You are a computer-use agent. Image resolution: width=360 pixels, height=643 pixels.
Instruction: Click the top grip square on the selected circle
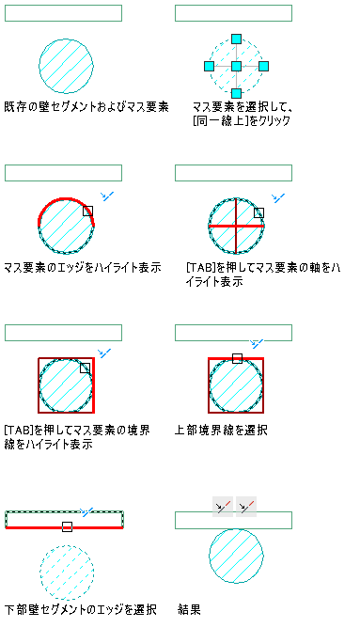236,39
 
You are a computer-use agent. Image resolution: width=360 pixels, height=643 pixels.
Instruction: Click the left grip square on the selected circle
209,66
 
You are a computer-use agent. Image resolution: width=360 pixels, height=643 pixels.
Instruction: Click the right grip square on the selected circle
263,66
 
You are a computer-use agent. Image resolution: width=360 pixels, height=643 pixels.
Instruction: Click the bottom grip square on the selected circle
236,93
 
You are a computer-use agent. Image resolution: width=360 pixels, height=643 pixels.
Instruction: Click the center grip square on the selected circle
236,66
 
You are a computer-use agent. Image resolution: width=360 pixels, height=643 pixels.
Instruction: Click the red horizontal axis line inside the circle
236,226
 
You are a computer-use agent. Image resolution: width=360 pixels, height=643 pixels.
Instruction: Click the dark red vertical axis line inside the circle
236,226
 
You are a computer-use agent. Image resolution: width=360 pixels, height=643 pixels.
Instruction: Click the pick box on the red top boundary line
237,358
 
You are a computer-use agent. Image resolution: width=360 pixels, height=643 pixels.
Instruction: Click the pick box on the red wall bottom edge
68,526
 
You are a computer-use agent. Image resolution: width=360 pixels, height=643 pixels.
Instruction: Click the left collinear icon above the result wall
223,507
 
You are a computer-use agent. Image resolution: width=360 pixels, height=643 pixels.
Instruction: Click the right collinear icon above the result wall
246,507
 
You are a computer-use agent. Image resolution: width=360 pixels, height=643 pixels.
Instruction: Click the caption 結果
190,609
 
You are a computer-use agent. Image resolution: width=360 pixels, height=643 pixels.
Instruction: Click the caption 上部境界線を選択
222,431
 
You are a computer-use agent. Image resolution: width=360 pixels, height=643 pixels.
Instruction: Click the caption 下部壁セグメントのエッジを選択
80,609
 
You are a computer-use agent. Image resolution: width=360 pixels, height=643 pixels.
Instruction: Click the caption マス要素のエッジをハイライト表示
83,268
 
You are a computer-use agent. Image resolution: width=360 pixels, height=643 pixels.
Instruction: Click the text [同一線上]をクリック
242,121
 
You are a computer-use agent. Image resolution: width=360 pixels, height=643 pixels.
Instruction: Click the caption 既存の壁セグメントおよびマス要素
86,107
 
